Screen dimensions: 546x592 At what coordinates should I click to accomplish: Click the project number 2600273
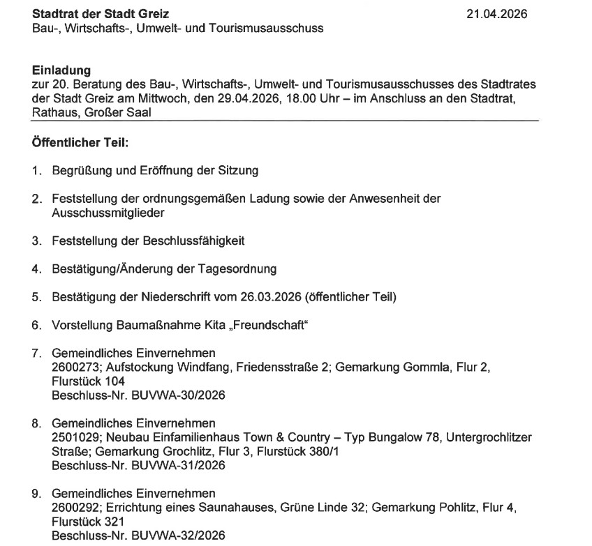point(74,368)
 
